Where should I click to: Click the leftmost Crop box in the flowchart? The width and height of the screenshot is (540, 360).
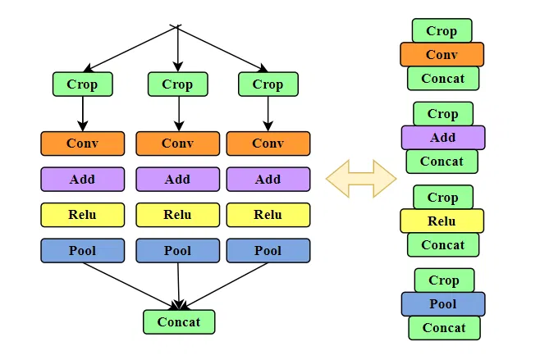82,84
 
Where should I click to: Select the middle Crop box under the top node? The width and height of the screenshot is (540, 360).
177,84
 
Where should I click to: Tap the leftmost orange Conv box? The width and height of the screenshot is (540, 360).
82,143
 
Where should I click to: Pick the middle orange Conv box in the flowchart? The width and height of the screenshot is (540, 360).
177,143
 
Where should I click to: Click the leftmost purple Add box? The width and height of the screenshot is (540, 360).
82,179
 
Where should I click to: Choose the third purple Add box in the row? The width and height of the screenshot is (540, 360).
268,179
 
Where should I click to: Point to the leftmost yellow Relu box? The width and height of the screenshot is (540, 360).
82,215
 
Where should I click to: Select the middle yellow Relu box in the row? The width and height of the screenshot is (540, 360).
177,215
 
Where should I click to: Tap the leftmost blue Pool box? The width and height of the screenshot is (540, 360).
82,250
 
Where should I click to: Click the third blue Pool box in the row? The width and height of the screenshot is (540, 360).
268,250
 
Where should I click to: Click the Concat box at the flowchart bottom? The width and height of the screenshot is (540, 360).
179,321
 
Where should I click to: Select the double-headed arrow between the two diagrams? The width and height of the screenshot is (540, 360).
361,178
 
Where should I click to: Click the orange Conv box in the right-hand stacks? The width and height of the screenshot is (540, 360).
442,55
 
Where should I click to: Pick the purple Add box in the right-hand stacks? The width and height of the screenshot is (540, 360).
442,138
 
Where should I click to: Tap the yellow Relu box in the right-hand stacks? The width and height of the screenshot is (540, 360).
442,221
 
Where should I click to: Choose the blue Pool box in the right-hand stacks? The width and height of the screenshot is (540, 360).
442,303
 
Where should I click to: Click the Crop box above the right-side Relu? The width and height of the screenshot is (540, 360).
443,197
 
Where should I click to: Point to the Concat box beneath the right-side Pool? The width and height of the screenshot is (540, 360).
444,328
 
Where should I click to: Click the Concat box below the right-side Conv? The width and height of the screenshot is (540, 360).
443,79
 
